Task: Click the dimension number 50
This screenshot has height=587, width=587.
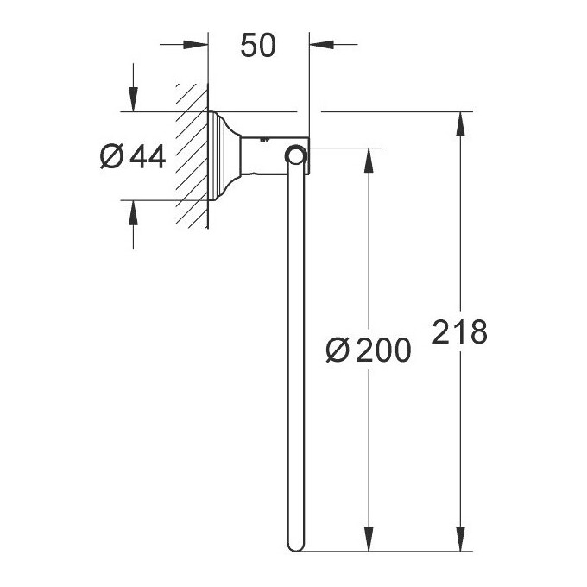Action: pyautogui.click(x=258, y=47)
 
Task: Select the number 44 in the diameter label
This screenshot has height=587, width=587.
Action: pyautogui.click(x=148, y=156)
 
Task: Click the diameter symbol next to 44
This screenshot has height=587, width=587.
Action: pyautogui.click(x=111, y=157)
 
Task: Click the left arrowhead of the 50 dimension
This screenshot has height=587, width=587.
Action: pyautogui.click(x=198, y=46)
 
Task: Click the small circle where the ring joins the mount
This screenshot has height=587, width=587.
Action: pyautogui.click(x=296, y=155)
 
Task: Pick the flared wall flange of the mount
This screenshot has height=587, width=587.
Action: pyautogui.click(x=223, y=156)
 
